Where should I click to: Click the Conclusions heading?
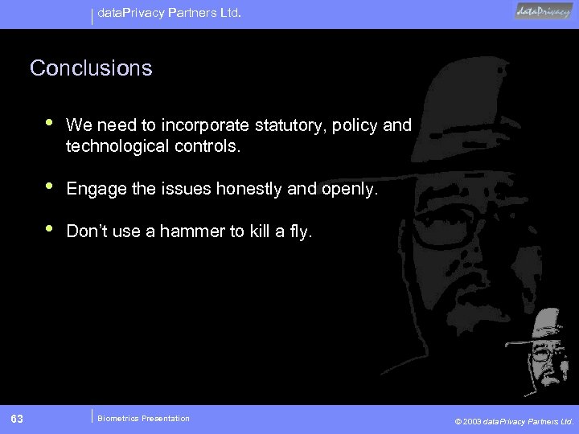coord(91,68)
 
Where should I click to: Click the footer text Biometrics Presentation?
coord(143,418)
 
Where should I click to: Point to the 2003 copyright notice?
coord(514,420)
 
